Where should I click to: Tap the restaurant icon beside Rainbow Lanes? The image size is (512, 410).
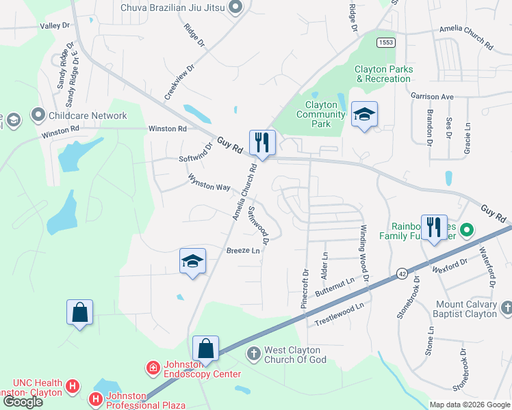pyautogui.click(x=433, y=228)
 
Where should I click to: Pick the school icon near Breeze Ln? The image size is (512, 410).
pyautogui.click(x=192, y=262)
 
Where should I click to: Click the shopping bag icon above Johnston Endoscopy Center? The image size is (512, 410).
pyautogui.click(x=205, y=349)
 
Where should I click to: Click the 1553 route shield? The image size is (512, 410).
pyautogui.click(x=385, y=42)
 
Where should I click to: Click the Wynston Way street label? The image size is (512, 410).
pyautogui.click(x=209, y=182)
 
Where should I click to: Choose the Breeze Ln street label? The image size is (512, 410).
pyautogui.click(x=244, y=251)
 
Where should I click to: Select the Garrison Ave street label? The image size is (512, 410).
pyautogui.click(x=433, y=97)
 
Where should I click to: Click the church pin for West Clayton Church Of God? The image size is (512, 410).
pyautogui.click(x=253, y=353)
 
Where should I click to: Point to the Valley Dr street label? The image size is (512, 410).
pyautogui.click(x=55, y=25)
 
